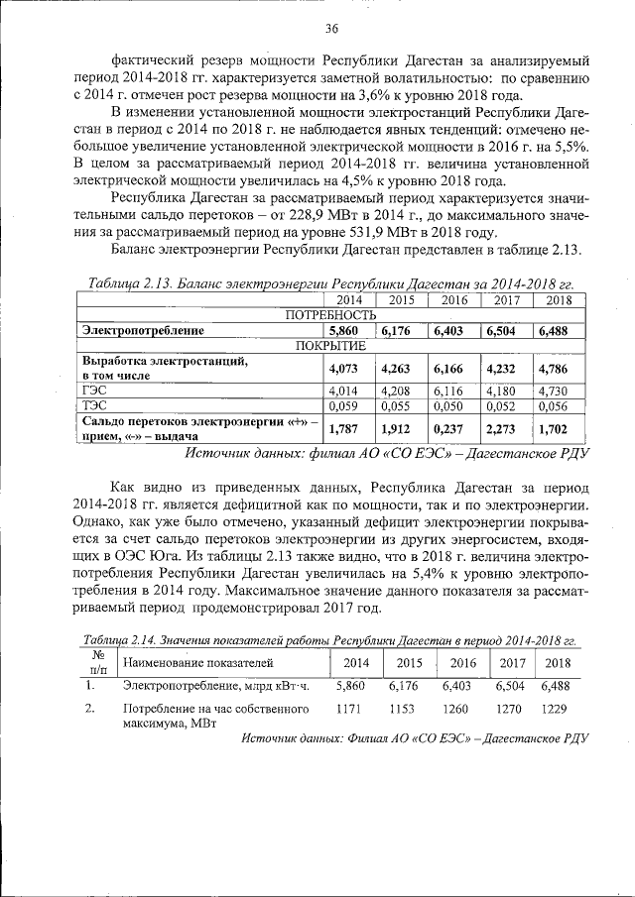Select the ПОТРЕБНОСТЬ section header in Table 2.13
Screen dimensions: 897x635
click(331, 314)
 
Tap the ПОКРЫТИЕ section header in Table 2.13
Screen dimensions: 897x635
click(331, 345)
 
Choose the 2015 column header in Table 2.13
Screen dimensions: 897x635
click(401, 299)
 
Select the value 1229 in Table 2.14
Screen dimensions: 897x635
click(557, 710)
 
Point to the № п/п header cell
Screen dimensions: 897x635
click(97, 663)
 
